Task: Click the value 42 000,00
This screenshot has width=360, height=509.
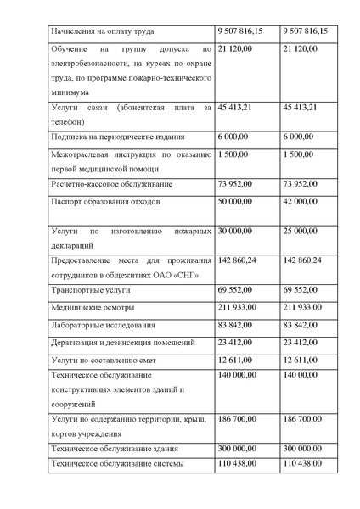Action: (301, 202)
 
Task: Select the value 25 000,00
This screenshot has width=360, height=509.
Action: (301, 230)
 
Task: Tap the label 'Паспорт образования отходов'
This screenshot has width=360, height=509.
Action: (104, 202)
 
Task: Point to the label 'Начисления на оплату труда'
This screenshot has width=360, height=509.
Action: (102, 31)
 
